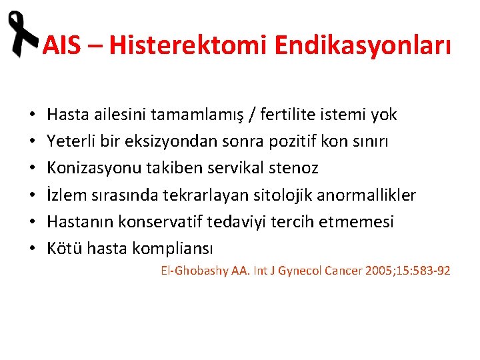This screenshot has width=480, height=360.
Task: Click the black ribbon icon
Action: point(21,35)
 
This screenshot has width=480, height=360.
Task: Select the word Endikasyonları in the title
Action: point(361,46)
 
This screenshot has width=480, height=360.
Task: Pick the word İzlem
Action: point(65,195)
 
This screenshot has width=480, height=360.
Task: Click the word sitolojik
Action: point(285,195)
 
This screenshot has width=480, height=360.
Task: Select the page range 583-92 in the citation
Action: point(429,271)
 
